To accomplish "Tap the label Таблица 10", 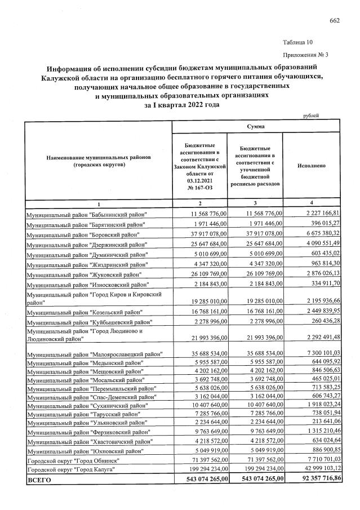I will tap(296, 42).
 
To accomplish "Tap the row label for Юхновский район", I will tap(85, 449).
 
